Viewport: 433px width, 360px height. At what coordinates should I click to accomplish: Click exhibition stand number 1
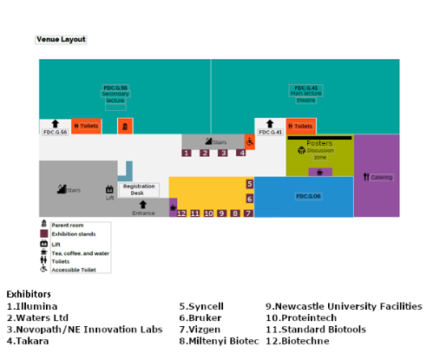point(186,153)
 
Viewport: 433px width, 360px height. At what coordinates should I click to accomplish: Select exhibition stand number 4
point(241,153)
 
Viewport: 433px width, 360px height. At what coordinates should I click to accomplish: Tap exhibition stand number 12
point(181,213)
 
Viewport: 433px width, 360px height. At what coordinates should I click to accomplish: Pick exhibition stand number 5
point(249,184)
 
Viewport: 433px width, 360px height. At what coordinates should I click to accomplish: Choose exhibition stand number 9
point(221,213)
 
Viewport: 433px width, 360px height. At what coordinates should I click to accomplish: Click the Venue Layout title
point(61,39)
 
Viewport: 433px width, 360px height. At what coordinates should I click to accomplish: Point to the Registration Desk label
point(139,188)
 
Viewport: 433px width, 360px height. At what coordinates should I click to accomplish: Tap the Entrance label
point(143,212)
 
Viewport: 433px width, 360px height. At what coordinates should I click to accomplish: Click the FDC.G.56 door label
point(54,132)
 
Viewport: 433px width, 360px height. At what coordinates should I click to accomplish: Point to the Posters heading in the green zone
point(319,142)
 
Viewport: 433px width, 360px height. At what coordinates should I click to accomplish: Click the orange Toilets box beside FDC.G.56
point(87,126)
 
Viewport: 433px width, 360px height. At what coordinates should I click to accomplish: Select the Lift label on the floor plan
point(110,197)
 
